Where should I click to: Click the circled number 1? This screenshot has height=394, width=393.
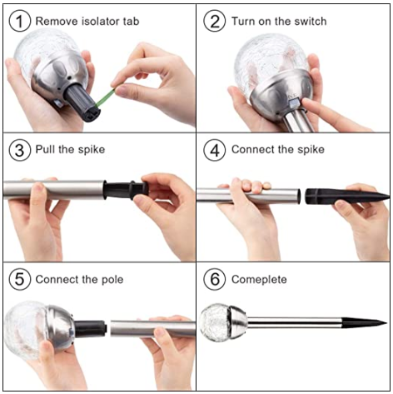(19, 21)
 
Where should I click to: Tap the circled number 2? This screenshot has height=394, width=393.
(215, 21)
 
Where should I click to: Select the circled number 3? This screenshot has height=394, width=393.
(19, 150)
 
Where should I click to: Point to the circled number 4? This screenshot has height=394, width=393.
(215, 150)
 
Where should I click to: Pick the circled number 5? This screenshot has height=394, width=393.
(19, 279)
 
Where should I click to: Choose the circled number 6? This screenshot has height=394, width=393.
(215, 279)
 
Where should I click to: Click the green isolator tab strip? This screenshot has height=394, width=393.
(105, 97)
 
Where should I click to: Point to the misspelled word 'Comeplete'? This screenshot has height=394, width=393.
(259, 280)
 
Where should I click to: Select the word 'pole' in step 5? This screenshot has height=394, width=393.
(112, 280)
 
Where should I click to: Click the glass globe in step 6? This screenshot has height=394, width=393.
(214, 322)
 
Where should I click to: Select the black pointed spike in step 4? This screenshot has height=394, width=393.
(347, 196)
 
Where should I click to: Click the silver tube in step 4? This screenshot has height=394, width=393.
(248, 196)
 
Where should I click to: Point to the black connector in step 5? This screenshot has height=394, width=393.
(91, 329)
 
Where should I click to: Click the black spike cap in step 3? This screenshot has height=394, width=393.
(126, 190)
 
